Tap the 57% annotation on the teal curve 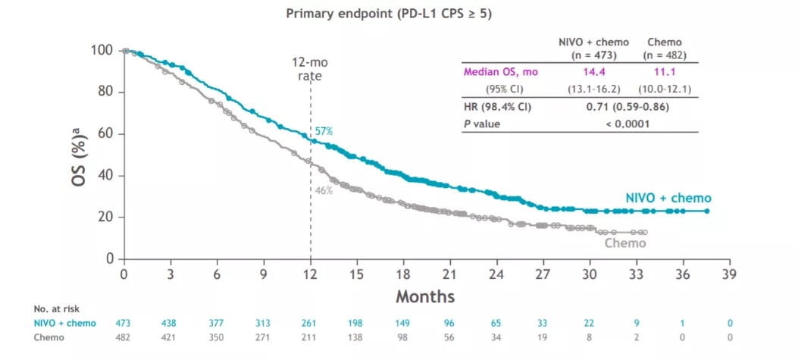coord(324,131)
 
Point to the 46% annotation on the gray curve coord(324,190)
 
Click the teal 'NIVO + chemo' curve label coord(668,198)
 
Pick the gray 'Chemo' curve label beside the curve coord(625,243)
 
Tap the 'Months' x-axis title coord(424,296)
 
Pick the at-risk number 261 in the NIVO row coord(311,324)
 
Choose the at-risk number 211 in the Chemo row coord(311,337)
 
